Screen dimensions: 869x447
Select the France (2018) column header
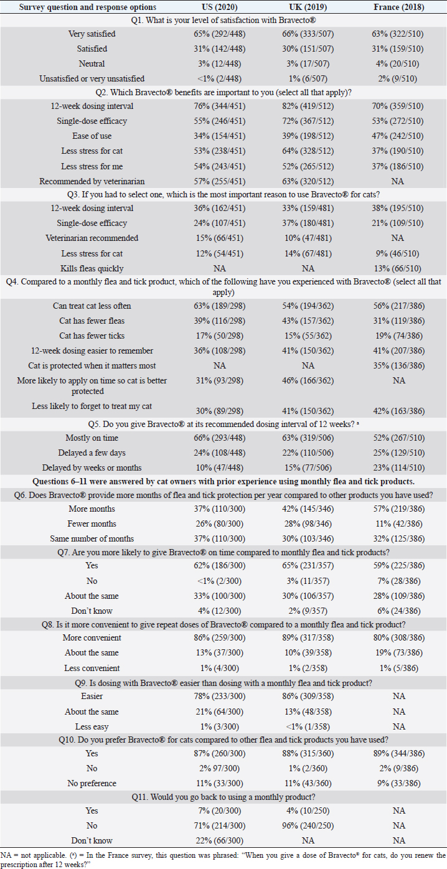click(x=398, y=7)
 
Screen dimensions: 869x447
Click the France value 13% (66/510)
click(x=398, y=268)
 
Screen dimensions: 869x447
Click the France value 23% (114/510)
click(x=398, y=467)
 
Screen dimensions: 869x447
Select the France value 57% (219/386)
click(x=398, y=509)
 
